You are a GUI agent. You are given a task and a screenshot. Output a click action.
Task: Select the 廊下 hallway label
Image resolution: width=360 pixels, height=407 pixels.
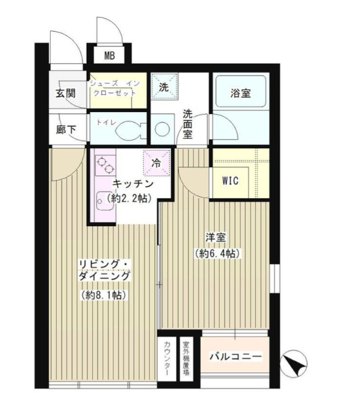coord(64,131)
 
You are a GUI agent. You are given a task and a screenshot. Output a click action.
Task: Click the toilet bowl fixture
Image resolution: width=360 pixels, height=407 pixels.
coord(130,129)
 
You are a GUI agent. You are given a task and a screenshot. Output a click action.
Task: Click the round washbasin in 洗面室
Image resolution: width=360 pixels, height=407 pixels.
coord(163,130)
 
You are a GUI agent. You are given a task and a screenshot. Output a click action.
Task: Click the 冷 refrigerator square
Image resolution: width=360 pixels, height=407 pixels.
coord(156,163)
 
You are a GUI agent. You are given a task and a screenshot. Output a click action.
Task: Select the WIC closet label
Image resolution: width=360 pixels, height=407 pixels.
coord(230,182)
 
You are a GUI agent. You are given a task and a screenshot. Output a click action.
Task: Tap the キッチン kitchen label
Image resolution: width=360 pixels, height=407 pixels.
coord(133,183)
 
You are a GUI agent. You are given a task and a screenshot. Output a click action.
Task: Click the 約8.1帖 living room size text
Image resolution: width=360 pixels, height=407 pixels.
coord(103,295)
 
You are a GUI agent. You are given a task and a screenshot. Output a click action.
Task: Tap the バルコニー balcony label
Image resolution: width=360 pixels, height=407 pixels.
coord(235,357)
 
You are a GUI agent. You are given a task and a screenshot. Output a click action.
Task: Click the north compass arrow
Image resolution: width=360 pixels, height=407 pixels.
coord(293,364)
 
